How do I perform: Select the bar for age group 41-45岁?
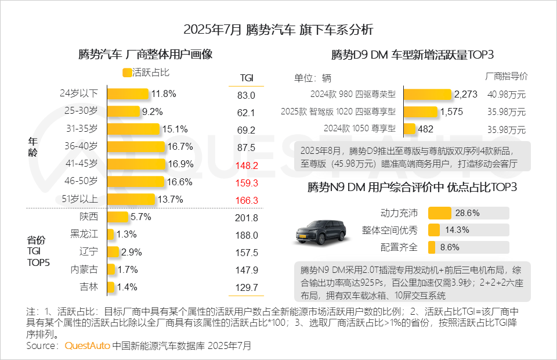136,165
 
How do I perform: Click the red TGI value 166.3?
246,200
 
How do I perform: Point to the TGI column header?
246,78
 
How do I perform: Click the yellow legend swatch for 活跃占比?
127,73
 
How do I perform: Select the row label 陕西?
89,217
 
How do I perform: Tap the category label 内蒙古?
84,269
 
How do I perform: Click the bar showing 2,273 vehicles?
427,94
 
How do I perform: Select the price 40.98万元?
507,95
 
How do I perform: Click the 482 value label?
426,129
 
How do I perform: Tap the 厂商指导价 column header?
506,76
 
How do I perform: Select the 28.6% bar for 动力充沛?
439,213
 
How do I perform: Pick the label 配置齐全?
399,247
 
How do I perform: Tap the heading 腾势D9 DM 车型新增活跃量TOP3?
412,55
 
